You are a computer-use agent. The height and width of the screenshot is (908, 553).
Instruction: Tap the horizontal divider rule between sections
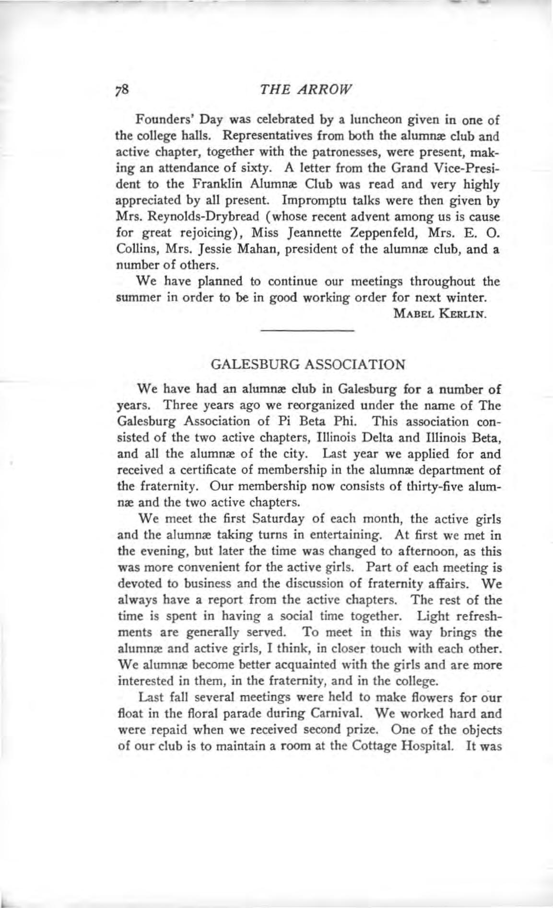click(x=307, y=330)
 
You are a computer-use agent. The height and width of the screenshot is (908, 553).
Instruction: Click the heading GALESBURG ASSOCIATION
click(x=308, y=365)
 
